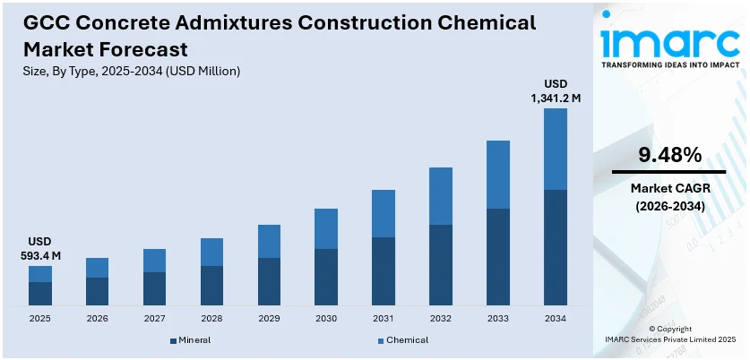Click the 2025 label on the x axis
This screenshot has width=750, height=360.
[x=39, y=318]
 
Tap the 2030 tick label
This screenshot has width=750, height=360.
[x=326, y=318]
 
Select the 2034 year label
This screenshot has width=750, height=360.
[x=556, y=318]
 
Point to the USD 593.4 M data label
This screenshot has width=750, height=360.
[x=39, y=249]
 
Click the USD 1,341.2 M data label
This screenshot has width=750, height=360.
[x=556, y=90]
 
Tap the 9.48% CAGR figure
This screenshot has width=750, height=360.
[x=668, y=155]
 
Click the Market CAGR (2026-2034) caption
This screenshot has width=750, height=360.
[x=668, y=197]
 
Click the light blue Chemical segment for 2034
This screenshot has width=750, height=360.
[x=556, y=149]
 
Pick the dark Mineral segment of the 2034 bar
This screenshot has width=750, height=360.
[x=556, y=248]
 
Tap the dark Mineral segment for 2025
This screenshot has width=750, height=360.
[x=39, y=294]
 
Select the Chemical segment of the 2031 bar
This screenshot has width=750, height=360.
[x=384, y=213]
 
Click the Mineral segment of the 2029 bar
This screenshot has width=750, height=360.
[x=269, y=282]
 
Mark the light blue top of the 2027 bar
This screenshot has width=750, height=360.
[x=154, y=261]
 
